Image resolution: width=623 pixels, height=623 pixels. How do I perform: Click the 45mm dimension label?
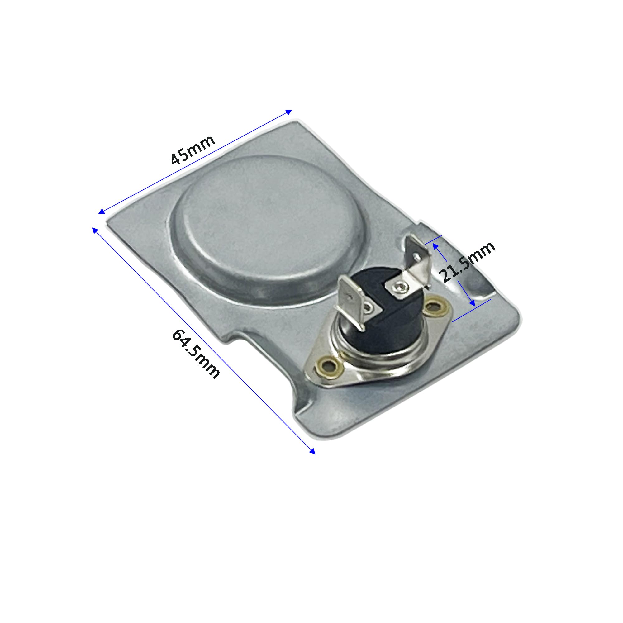click(193, 150)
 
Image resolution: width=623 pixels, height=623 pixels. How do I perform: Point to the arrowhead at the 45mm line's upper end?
click(289, 112)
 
